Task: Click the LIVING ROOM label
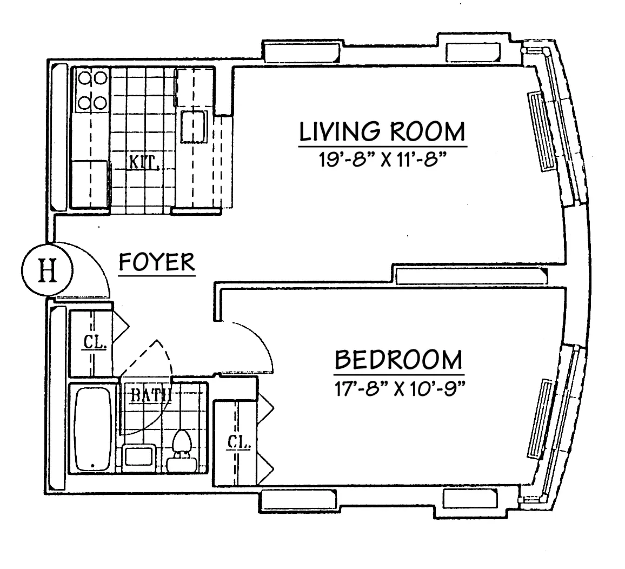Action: [382, 132]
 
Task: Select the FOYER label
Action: [157, 262]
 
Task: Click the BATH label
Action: [151, 394]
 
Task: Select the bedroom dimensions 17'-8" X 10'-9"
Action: [399, 388]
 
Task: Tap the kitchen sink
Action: [193, 127]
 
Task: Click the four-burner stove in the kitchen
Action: [91, 90]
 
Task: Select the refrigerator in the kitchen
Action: [90, 184]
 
